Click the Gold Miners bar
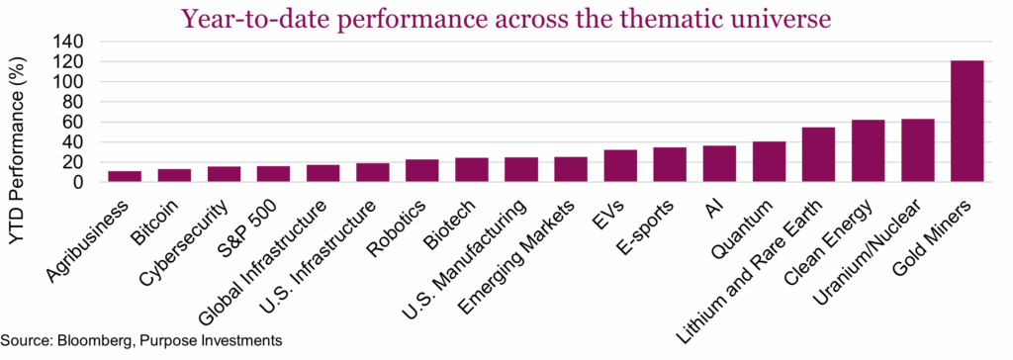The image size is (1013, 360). tap(967, 122)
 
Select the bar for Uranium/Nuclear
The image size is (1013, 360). tap(917, 150)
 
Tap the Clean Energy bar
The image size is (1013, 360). tap(868, 151)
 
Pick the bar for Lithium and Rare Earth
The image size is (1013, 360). tap(818, 155)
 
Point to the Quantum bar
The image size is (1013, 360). tap(769, 162)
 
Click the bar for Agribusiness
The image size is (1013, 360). tap(125, 177)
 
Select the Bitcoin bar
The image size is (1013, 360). tap(174, 176)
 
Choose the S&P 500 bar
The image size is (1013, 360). tap(273, 174)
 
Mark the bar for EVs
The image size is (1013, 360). tap(620, 166)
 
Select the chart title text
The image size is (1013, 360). tap(506, 18)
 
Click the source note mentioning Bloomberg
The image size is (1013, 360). tap(142, 340)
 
